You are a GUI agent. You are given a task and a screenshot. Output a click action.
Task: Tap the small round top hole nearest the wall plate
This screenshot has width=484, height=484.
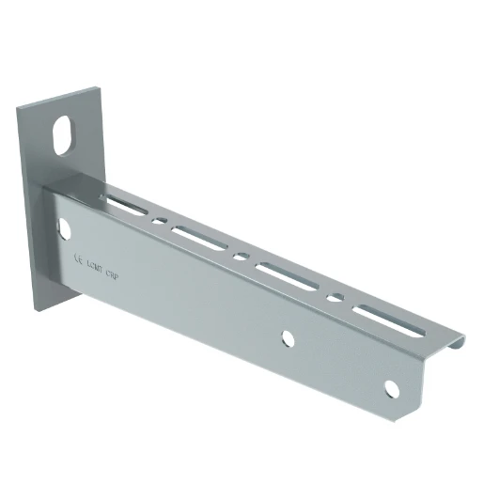(161, 222)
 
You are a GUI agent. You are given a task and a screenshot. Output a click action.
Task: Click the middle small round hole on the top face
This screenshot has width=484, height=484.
(242, 257)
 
